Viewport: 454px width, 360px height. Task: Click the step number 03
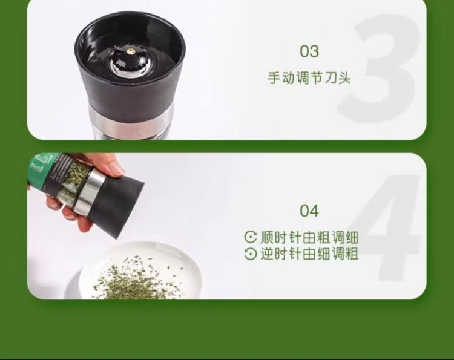click(309, 51)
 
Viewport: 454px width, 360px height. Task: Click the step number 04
click(309, 211)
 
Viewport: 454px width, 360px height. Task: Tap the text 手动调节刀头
click(309, 78)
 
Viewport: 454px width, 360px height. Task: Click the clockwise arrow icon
click(251, 237)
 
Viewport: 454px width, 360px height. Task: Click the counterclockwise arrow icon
click(251, 254)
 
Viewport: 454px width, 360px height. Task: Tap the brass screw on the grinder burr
click(131, 52)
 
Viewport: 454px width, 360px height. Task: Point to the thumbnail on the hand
click(117, 170)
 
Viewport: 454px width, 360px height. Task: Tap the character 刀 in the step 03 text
click(329, 78)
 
